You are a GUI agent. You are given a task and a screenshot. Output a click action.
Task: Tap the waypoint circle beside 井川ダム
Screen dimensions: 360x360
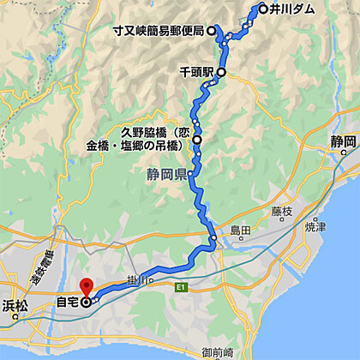(x=262, y=9)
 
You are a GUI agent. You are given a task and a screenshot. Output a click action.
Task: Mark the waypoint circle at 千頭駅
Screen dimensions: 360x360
(x=221, y=72)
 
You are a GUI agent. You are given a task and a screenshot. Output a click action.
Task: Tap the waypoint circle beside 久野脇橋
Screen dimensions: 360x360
(x=197, y=139)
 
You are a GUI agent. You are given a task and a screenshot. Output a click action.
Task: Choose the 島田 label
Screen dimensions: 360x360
(x=240, y=231)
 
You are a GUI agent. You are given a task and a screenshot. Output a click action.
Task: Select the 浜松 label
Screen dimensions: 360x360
(x=15, y=304)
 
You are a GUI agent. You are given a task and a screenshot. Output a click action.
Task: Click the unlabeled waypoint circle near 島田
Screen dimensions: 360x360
(x=212, y=237)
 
